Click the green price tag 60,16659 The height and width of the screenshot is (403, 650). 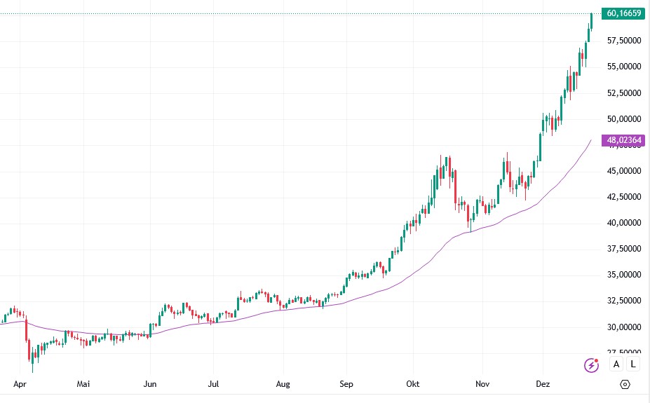[624, 13]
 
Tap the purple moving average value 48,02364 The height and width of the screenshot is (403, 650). [624, 140]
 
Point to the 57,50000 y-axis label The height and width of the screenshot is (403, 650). [624, 41]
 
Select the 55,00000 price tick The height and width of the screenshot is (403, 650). [624, 67]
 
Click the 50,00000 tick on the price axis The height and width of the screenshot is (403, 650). [624, 119]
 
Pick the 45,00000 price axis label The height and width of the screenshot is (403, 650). [624, 171]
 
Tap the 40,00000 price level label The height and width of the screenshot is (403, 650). [624, 223]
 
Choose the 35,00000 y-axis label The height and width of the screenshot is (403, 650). [624, 275]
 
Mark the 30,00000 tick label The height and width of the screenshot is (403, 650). [624, 327]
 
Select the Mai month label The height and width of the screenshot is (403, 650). [84, 384]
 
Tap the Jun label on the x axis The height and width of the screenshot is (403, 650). [149, 384]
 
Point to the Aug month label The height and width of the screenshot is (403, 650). [282, 384]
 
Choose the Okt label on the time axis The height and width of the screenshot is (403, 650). [412, 384]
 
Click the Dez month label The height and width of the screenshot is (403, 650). [543, 384]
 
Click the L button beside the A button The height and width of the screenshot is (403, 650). [633, 364]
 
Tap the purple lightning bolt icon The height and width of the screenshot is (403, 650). [593, 364]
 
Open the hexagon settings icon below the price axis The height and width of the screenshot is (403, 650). [625, 384]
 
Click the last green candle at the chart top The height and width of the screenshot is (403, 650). [592, 21]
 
